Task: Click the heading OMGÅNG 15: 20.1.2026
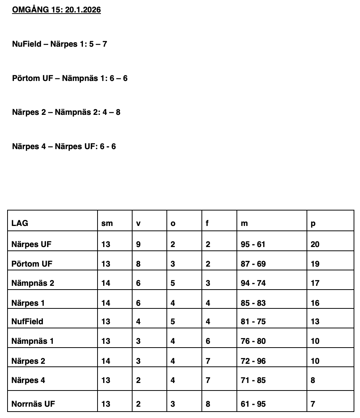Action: pyautogui.click(x=56, y=10)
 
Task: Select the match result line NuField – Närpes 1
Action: pyautogui.click(x=59, y=44)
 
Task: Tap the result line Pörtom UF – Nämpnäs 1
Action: pyautogui.click(x=70, y=78)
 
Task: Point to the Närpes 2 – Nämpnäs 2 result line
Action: pyautogui.click(x=66, y=112)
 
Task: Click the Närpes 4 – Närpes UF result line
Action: pyautogui.click(x=64, y=146)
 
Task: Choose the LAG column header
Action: pyautogui.click(x=20, y=223)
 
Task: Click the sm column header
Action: pyautogui.click(x=107, y=224)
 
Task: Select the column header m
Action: pyautogui.click(x=244, y=224)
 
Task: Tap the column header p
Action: pyautogui.click(x=313, y=224)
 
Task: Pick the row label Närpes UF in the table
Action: pyautogui.click(x=31, y=244)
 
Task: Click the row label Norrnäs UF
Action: pyautogui.click(x=33, y=404)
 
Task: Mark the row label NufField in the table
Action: pyautogui.click(x=27, y=322)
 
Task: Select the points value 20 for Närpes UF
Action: pyautogui.click(x=315, y=244)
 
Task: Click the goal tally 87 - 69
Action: pyautogui.click(x=253, y=264)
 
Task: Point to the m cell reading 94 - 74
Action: pyautogui.click(x=253, y=283)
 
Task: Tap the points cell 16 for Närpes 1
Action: pyautogui.click(x=315, y=303)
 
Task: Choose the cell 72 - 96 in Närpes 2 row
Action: pyautogui.click(x=253, y=361)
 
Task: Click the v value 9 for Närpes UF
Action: pyautogui.click(x=138, y=244)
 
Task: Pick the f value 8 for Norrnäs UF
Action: pyautogui.click(x=208, y=404)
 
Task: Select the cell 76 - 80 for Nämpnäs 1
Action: pyautogui.click(x=253, y=341)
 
